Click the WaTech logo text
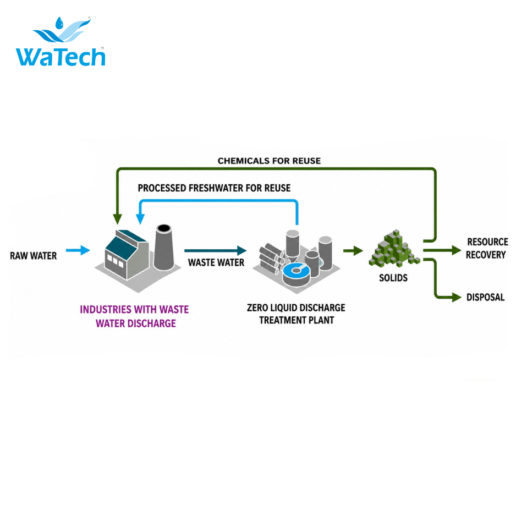click(61, 57)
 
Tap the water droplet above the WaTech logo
click(59, 23)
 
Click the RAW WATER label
click(33, 256)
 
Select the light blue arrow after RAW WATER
click(78, 250)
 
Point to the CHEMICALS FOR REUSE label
click(269, 161)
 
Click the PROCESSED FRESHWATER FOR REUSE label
click(214, 188)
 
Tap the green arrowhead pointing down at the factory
click(118, 219)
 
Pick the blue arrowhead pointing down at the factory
click(140, 219)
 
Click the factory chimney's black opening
click(164, 228)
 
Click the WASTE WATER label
click(216, 262)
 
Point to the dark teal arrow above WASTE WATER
click(216, 250)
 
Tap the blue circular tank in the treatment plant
click(296, 271)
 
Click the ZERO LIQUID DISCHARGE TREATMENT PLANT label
click(296, 314)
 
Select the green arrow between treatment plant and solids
click(353, 250)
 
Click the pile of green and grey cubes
click(394, 248)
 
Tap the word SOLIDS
click(393, 278)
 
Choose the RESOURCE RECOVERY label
click(487, 249)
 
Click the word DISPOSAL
click(485, 298)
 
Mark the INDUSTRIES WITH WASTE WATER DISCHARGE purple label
click(135, 316)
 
